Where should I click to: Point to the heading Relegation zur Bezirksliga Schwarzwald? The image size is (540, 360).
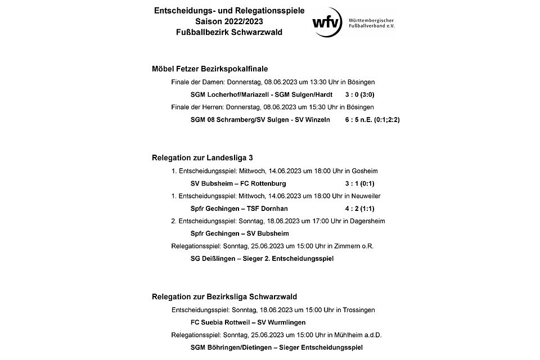(224, 296)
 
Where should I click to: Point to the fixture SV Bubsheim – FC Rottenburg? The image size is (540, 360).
(238, 183)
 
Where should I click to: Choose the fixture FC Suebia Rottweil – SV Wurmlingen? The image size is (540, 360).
(248, 322)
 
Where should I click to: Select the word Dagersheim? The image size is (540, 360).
(368, 221)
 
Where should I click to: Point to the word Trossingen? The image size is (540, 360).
(358, 310)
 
